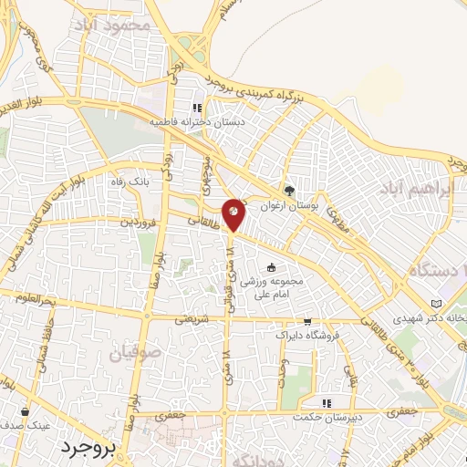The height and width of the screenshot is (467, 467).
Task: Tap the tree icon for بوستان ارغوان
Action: [x=290, y=191]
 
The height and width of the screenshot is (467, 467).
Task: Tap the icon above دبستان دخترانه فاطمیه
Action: [x=198, y=107]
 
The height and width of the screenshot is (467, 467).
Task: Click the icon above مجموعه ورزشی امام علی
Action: [x=272, y=267]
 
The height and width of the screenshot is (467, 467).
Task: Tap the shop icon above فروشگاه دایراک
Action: [x=307, y=321]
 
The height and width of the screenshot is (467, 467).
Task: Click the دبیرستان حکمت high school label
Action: [x=327, y=418]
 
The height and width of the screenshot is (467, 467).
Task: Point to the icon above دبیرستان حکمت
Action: [x=327, y=403]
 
